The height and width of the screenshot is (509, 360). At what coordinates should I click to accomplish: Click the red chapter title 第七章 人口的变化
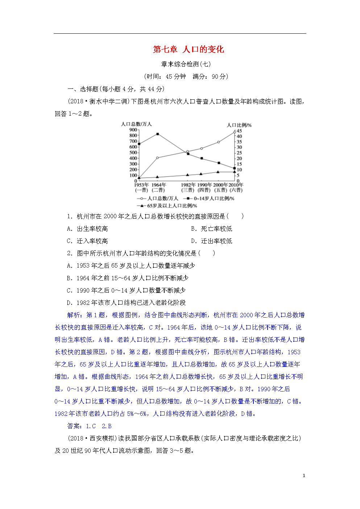(188, 49)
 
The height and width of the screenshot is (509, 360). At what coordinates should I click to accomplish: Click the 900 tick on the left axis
(133, 130)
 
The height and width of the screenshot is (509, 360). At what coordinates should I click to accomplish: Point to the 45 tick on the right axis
(239, 131)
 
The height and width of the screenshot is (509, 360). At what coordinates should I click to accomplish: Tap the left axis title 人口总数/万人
(136, 124)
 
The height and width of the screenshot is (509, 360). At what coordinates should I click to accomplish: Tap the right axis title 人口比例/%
(239, 125)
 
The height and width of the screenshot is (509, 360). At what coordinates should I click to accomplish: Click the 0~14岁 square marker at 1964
(157, 134)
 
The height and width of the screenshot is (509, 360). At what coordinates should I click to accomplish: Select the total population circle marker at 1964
(157, 158)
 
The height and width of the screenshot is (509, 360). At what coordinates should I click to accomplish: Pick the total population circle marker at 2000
(218, 142)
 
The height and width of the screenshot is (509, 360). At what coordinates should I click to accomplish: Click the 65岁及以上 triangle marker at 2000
(218, 172)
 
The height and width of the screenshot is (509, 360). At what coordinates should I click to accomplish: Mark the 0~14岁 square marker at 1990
(202, 158)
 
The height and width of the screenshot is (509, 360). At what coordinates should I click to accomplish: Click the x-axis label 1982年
(188, 185)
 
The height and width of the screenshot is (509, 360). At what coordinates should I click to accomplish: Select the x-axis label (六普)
(236, 190)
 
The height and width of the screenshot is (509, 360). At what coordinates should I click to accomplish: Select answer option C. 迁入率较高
(87, 241)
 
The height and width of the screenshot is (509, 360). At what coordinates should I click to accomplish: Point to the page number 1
(304, 476)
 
